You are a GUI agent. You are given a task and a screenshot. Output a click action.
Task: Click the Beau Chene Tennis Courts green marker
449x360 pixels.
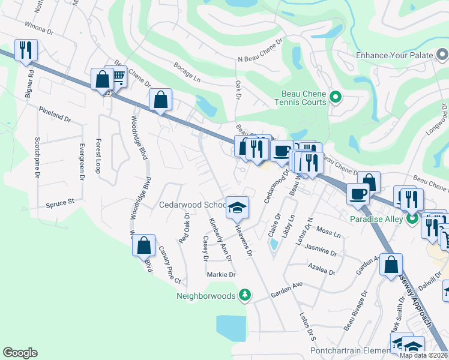336,96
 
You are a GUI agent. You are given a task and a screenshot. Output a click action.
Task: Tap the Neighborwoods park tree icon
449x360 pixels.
244,295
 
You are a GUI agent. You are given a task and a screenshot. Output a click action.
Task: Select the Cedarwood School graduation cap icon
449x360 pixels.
237,208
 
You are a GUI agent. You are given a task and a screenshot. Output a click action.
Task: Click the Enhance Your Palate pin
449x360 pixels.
443,55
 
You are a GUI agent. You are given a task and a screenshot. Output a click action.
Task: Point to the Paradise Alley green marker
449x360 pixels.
412,218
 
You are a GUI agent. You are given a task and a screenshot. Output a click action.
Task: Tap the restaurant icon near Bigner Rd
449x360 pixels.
26,50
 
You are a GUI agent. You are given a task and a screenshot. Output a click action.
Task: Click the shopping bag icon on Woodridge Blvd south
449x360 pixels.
143,245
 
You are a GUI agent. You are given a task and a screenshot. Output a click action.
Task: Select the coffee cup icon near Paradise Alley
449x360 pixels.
358,194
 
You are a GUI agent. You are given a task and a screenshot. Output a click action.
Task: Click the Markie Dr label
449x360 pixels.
221,274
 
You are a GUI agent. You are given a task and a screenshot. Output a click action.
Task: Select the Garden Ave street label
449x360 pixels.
286,285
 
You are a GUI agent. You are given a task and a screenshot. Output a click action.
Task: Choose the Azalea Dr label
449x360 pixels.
320,268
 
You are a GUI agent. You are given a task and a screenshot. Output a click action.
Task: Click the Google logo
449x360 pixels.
20,353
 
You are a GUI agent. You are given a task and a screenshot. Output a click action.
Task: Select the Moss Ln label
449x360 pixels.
328,231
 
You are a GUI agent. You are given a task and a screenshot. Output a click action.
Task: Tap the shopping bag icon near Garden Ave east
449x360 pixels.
391,265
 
